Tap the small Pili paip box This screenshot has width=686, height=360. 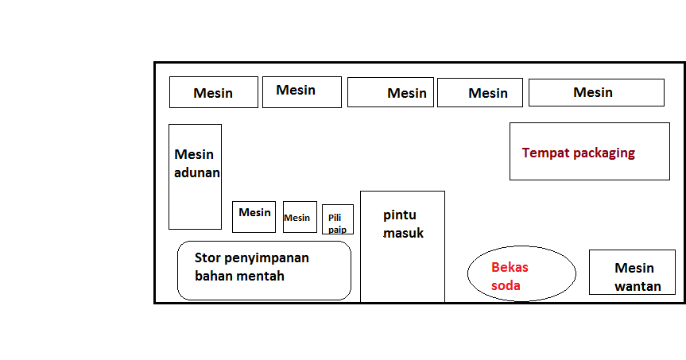click(338, 219)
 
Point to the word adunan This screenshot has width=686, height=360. click(197, 172)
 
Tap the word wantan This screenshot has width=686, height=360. click(638, 286)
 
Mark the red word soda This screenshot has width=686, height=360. click(506, 285)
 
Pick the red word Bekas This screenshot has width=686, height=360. click(510, 267)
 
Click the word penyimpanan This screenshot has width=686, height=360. click(267, 258)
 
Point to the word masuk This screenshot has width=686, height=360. click(404, 233)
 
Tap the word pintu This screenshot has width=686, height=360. click(400, 215)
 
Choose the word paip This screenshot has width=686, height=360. click(337, 230)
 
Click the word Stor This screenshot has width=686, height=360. click(208, 257)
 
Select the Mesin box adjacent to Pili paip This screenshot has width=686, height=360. click(300, 217)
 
